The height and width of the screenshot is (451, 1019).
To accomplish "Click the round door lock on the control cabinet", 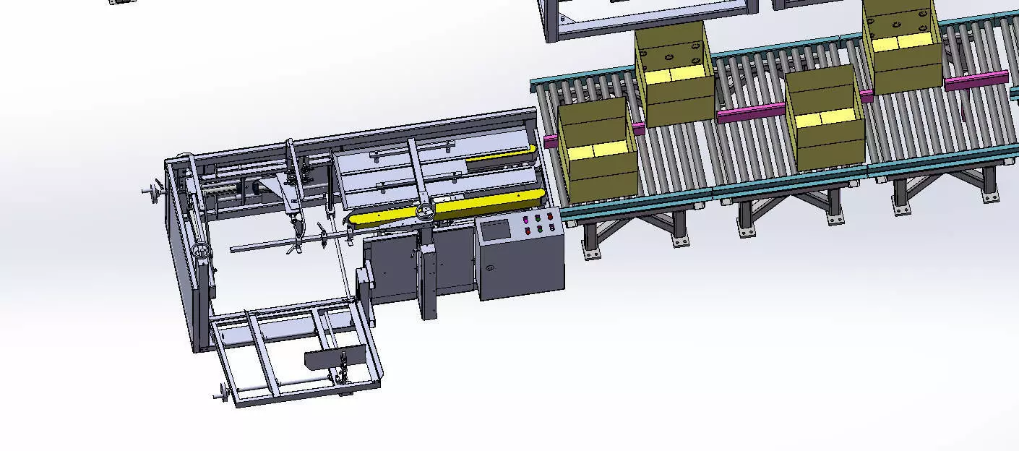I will [491, 268].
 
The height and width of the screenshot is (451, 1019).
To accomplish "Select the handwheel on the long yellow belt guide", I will [425, 210].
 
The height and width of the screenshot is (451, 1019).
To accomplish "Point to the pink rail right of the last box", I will [976, 80].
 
